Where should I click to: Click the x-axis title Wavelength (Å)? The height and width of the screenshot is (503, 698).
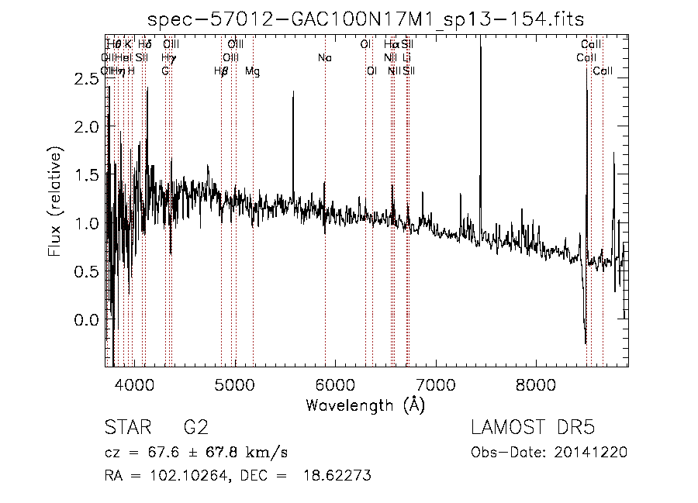coord(365,405)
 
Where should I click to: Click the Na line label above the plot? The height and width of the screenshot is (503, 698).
coord(325,57)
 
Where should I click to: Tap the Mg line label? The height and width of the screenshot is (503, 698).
coord(253,71)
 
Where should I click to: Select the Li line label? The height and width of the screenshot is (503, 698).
coord(407,57)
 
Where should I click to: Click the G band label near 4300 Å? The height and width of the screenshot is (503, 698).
coord(165,71)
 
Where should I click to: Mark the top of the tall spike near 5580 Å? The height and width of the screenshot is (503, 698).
coord(293,92)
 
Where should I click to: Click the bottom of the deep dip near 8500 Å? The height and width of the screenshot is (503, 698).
coord(585,343)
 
